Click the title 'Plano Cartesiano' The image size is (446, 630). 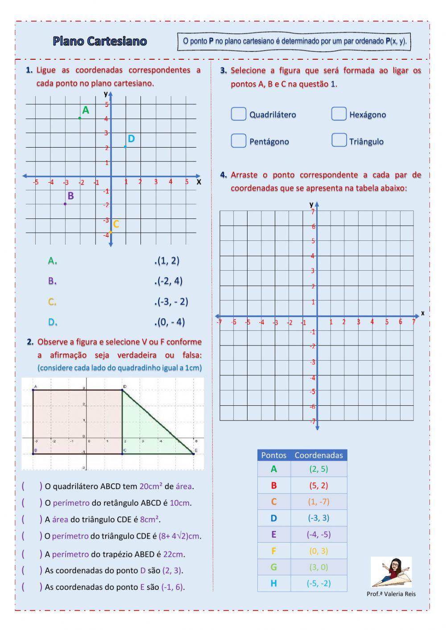[x=100, y=41]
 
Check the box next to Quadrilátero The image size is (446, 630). [x=239, y=114]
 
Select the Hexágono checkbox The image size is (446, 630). [x=339, y=114]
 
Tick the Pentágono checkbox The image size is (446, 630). [x=239, y=141]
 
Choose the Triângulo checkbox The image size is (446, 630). [x=339, y=140]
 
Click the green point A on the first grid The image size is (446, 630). [x=80, y=118]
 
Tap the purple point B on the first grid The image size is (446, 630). [x=65, y=204]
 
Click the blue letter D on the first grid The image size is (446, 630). [x=131, y=139]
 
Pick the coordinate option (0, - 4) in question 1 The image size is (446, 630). [x=170, y=322]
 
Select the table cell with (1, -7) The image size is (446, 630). [x=318, y=502]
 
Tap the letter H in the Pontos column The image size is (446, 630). [x=273, y=583]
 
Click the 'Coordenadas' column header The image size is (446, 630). [x=318, y=455]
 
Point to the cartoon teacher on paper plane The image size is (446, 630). [x=391, y=572]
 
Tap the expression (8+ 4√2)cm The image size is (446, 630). [x=180, y=536]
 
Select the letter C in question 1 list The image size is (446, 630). [x=52, y=302]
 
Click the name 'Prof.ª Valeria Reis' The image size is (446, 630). [x=391, y=594]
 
